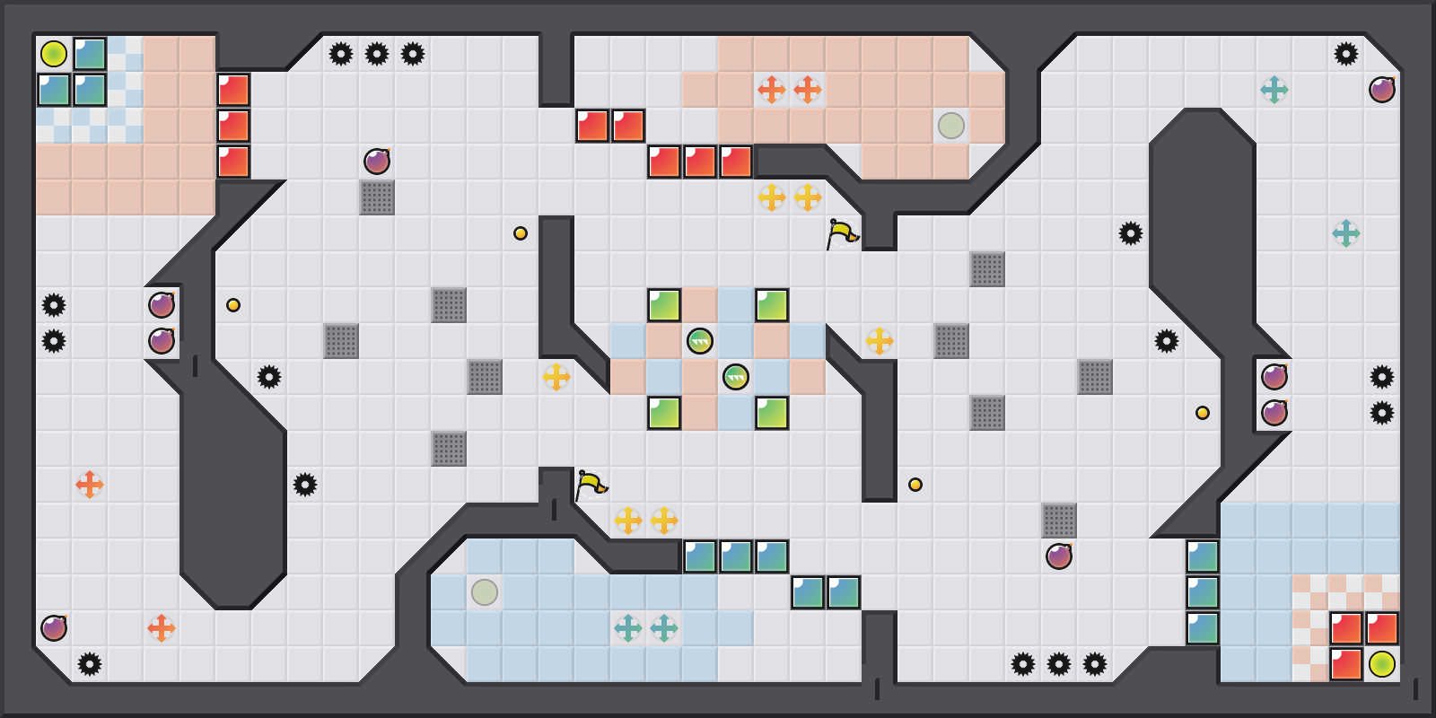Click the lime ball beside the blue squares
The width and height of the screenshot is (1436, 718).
(x=54, y=54)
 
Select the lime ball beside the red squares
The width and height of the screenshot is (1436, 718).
(x=1382, y=664)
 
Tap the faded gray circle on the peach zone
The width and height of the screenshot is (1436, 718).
(x=951, y=126)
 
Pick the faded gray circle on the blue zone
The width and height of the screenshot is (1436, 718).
(x=485, y=592)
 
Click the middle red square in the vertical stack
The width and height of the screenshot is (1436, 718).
(x=233, y=126)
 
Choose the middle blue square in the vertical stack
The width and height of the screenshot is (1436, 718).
(x=1203, y=592)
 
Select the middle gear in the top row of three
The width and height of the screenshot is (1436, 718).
(x=377, y=54)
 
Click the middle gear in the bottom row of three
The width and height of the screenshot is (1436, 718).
(x=1059, y=664)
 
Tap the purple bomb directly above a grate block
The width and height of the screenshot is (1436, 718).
(x=377, y=162)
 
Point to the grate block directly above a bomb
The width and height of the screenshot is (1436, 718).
(x=1059, y=521)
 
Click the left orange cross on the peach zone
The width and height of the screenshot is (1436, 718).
(x=772, y=90)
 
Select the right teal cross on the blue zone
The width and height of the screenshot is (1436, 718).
(x=664, y=628)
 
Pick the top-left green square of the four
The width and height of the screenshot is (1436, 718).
(x=664, y=305)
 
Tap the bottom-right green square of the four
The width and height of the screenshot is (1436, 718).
(x=772, y=413)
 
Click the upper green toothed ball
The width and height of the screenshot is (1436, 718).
(x=700, y=341)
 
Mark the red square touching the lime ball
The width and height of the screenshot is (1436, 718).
(x=1346, y=664)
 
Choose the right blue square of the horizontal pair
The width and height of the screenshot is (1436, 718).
(x=844, y=592)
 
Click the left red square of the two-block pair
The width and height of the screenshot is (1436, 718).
(x=592, y=126)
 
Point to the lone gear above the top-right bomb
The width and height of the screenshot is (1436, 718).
(x=1346, y=54)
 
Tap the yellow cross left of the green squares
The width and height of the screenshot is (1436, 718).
(x=556, y=377)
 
